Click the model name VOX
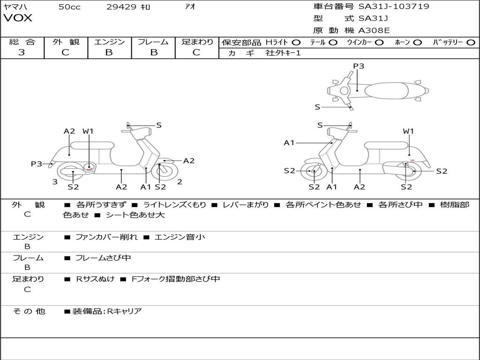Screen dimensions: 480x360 point(17,18)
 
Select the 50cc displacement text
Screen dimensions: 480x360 point(69,7)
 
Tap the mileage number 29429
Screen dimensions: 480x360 point(121,7)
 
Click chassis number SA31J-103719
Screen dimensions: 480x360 point(394,7)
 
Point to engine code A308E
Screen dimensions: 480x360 point(374,30)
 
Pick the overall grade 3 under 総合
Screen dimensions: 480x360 point(22,52)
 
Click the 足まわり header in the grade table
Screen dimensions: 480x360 point(197,42)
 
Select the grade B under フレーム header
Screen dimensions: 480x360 point(154,52)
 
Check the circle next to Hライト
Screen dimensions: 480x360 point(296,43)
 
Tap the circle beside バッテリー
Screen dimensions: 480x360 point(471,43)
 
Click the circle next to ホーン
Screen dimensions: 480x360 point(418,43)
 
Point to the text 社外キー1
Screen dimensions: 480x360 point(283,53)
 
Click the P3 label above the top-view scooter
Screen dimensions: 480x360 point(359,66)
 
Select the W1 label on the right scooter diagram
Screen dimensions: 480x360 point(408,131)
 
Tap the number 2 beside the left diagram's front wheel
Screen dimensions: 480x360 point(180,182)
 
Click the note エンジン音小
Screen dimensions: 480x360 point(180,237)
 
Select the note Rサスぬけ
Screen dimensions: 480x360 point(95,279)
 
